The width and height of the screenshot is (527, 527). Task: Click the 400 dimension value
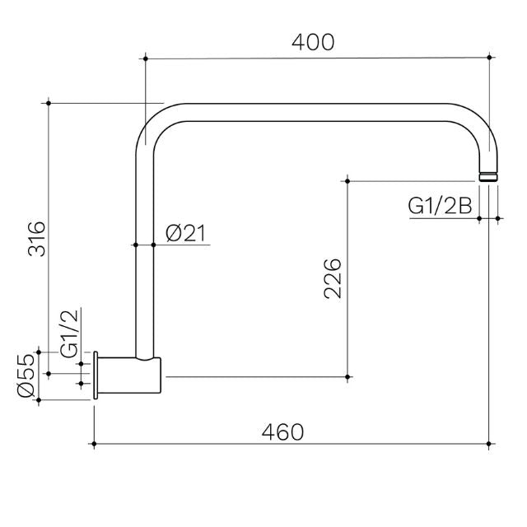point(316,42)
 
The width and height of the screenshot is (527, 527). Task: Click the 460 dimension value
point(282,431)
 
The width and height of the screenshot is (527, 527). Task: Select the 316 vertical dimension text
point(36,240)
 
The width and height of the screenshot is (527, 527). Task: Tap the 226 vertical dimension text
point(331,279)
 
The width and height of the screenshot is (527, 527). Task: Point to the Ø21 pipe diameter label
point(185,234)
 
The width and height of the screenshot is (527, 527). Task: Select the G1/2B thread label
point(441,207)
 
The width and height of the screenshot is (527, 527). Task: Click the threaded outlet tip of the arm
point(489,175)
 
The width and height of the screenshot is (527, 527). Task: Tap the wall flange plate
point(98,377)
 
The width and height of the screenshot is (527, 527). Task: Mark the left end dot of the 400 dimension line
point(145,58)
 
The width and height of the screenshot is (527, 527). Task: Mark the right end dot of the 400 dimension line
point(490,58)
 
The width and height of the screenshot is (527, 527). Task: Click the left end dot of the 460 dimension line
point(96,445)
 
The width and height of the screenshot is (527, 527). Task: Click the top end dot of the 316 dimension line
point(49,103)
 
